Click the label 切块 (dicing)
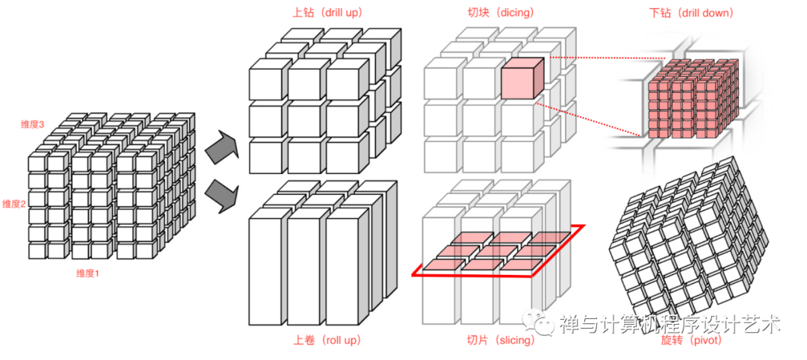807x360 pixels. tap(495, 13)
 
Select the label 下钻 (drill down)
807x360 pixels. tap(692, 13)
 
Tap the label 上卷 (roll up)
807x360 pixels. tap(327, 341)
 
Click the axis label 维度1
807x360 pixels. tap(87, 273)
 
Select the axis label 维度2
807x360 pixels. tap(15, 204)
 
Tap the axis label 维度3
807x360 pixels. tap(34, 123)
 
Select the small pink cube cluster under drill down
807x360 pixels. tap(691, 97)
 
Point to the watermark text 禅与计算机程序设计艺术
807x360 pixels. tap(670, 324)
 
